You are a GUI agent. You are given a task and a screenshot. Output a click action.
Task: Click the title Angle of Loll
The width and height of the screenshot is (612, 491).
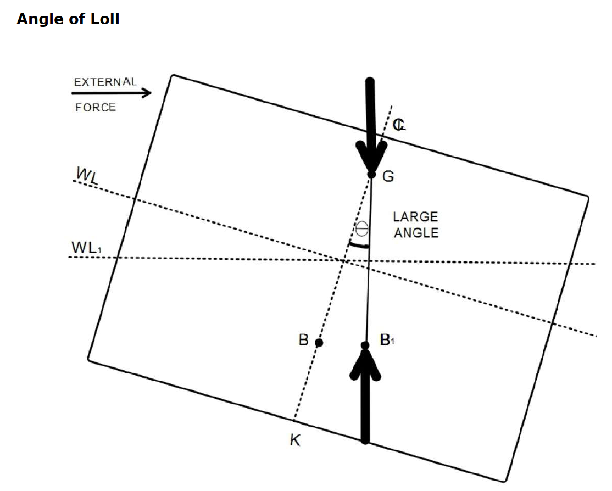(68, 19)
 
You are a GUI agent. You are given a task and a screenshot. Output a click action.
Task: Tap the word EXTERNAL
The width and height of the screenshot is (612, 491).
(105, 82)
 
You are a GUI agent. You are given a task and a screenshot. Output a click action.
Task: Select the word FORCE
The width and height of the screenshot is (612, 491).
(96, 108)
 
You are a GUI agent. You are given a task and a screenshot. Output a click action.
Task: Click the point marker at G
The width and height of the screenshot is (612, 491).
(371, 175)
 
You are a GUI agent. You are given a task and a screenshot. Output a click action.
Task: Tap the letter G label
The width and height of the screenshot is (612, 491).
(388, 177)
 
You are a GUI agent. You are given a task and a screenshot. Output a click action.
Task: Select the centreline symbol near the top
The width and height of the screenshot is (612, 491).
(399, 125)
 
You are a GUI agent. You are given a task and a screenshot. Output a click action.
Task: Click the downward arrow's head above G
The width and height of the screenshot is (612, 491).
(371, 157)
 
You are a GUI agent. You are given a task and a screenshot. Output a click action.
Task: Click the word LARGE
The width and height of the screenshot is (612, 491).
(415, 217)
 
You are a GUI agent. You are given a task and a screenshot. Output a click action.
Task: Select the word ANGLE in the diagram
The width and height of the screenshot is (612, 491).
(416, 233)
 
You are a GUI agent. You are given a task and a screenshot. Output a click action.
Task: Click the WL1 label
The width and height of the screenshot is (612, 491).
(87, 248)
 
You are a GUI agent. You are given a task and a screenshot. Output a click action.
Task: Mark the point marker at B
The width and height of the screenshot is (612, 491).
(319, 343)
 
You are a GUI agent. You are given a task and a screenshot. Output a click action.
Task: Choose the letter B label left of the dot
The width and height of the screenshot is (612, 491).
(303, 340)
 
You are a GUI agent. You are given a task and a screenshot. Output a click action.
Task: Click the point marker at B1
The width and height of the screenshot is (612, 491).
(365, 345)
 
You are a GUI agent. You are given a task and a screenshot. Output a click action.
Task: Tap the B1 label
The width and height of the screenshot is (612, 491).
(387, 341)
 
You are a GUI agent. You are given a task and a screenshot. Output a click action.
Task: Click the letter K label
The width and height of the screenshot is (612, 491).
(295, 440)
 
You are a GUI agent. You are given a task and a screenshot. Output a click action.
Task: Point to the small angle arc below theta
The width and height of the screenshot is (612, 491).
(358, 245)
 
